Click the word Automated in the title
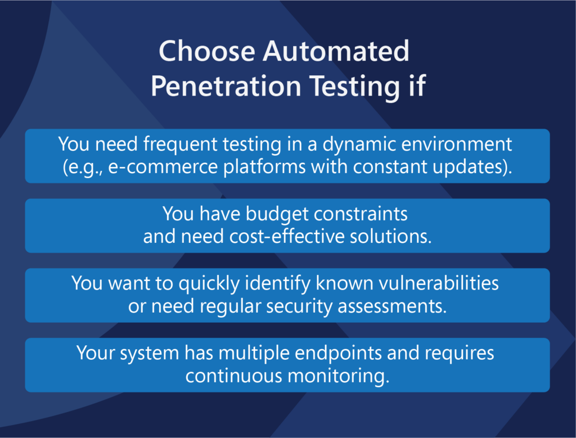pos(336,51)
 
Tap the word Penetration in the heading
pos(226,86)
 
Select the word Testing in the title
pos(354,87)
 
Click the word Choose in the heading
pos(207,51)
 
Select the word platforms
pos(264,167)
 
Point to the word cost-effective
pos(287,236)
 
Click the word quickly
pos(209,284)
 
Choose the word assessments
pos(392,306)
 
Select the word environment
pos(457,145)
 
